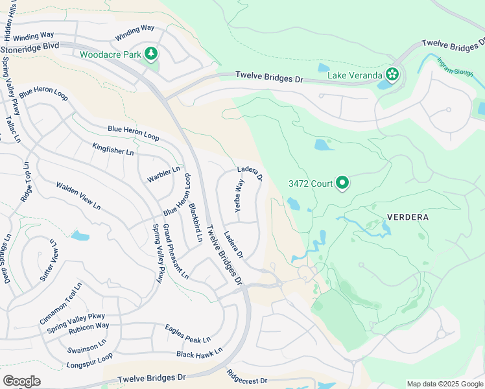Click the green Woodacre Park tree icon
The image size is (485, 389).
coord(151,53)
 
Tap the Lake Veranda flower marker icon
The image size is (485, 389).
coord(392,74)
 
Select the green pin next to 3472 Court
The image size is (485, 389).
coord(342,183)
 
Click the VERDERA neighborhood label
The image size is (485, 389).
coord(407,217)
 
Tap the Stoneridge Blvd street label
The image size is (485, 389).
coord(30,47)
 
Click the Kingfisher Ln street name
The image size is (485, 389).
coord(113,148)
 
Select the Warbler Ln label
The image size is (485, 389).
coord(163,174)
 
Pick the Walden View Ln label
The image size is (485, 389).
coord(78,195)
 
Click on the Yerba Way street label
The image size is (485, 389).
coord(239,196)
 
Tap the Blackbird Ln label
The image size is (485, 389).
coord(195,223)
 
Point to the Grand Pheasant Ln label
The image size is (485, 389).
coord(175,252)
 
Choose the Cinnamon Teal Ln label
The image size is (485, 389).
coord(61,303)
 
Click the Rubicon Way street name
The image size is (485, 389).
coord(89,326)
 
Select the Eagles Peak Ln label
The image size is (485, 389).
coord(187,334)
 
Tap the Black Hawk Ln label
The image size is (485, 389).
coord(199,353)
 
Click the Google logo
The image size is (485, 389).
coord(21,381)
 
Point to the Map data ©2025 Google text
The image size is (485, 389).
coord(444,384)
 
